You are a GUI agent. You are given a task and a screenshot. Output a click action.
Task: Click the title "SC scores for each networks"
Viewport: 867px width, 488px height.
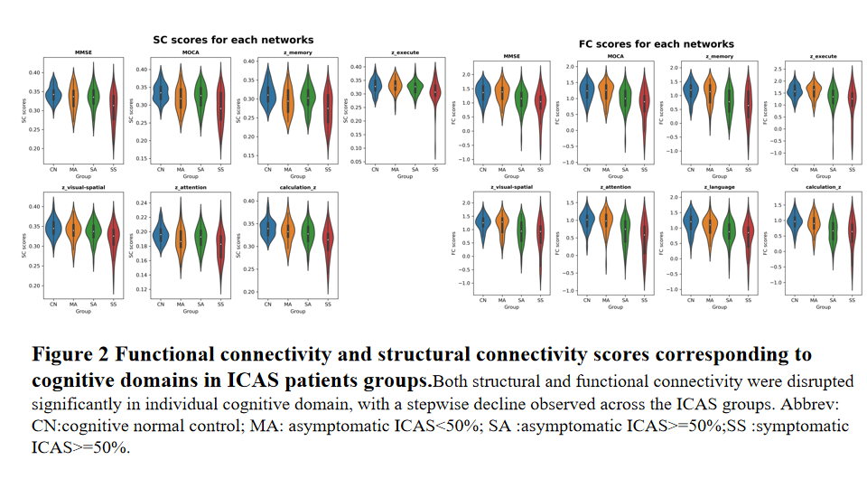click(x=232, y=40)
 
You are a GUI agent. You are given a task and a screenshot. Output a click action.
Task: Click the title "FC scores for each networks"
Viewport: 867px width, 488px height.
click(x=656, y=43)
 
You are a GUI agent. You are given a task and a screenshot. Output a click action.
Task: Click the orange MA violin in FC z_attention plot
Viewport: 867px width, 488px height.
click(x=605, y=222)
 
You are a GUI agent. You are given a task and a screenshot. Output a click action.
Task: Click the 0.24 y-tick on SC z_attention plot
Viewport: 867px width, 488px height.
click(x=141, y=202)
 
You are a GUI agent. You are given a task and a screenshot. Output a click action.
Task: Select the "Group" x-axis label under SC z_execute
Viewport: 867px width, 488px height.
click(x=395, y=176)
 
